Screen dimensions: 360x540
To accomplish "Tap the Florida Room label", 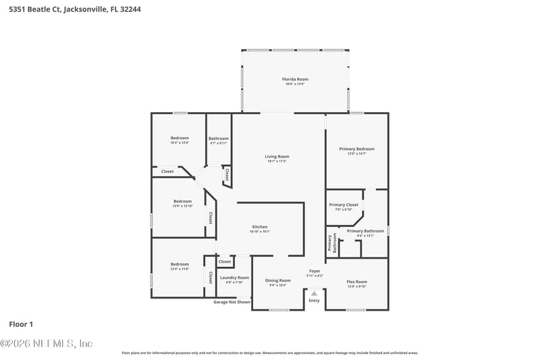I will (295, 79).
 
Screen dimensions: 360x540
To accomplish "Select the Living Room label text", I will (277, 156).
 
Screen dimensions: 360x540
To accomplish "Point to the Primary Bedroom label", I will (356, 149).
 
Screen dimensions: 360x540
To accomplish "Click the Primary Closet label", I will (344, 205).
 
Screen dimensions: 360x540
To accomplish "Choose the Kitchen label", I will (260, 226).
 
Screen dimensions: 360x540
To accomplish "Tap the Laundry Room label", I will (235, 277).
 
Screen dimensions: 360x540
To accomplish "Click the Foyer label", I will (315, 271).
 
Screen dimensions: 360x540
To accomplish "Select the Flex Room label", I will (356, 281).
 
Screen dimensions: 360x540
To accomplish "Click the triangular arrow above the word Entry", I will (314, 293).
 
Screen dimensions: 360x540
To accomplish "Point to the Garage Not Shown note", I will (232, 302).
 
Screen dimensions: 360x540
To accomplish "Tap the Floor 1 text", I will (21, 324).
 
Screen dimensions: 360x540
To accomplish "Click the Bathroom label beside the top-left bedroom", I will (219, 138).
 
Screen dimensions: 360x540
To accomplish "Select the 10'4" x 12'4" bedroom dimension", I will (180, 143).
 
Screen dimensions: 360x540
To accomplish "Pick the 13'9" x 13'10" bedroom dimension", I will (182, 205).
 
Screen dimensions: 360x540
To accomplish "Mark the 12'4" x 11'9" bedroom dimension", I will (180, 269).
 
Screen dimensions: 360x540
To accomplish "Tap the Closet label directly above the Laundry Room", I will (225, 261).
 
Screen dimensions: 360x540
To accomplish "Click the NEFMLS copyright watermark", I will (47, 343).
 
